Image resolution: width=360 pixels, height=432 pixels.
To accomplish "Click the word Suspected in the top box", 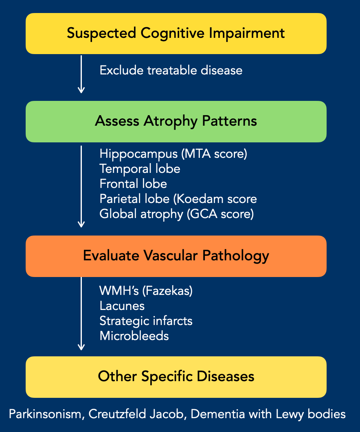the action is [x=101, y=34].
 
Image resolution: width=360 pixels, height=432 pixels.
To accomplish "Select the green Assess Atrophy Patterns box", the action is [x=176, y=122].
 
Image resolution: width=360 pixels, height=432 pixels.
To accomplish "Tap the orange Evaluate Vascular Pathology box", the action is [x=176, y=256].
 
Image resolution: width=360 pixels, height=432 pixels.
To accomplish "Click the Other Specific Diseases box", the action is [x=176, y=377].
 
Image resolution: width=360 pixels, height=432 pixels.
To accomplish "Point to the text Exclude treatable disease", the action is [x=171, y=70].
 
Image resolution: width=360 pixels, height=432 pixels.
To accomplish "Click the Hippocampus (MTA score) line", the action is [x=173, y=154].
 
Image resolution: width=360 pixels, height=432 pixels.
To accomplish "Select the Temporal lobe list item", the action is [x=140, y=169].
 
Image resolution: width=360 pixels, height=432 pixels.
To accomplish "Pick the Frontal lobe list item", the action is [x=133, y=184].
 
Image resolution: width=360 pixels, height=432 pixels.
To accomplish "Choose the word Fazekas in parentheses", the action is [x=167, y=291].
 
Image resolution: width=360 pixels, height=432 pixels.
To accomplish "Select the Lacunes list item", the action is [x=122, y=306].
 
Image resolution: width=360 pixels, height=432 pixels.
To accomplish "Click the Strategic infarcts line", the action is [x=146, y=321].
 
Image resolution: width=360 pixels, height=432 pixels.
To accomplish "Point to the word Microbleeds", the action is [x=134, y=336].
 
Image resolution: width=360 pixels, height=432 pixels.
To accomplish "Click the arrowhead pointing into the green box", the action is [x=81, y=90].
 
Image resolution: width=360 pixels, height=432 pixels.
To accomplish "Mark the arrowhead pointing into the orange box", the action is [x=81, y=224].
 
